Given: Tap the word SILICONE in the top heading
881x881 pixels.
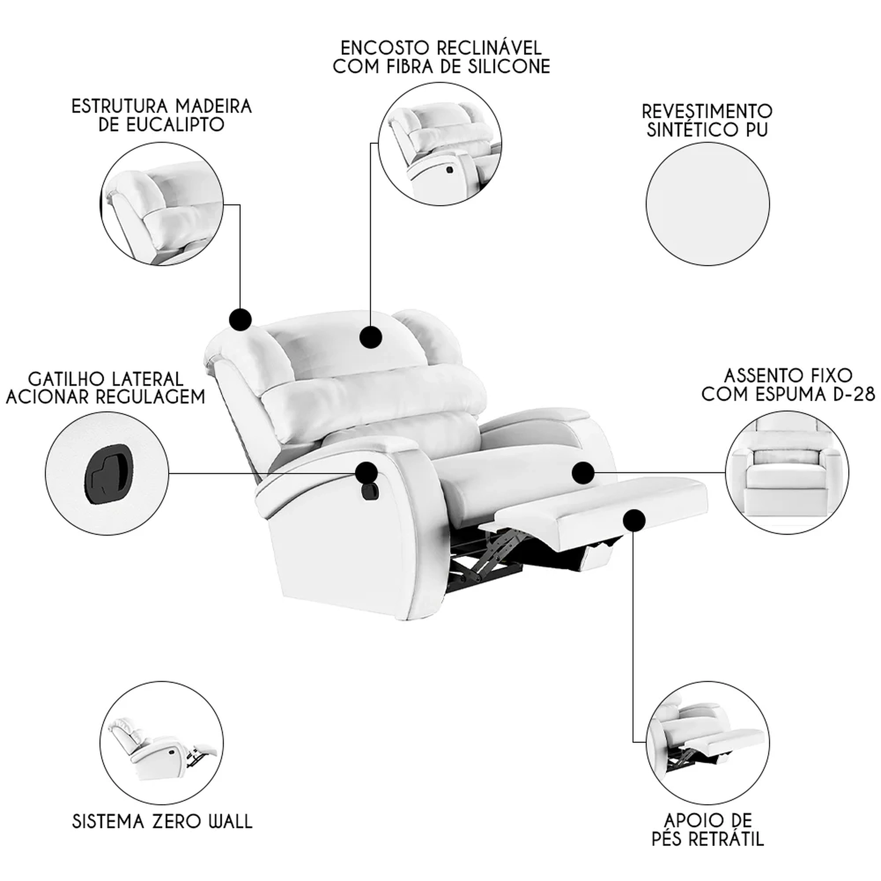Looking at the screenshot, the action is (509, 66).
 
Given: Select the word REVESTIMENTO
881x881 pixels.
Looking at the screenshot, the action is (707, 111).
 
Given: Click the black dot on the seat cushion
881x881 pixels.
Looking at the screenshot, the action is (583, 472).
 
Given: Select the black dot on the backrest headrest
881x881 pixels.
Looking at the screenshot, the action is (371, 337).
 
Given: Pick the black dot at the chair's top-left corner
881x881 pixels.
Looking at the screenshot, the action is (240, 320).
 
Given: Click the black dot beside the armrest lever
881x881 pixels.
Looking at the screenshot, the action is (366, 472).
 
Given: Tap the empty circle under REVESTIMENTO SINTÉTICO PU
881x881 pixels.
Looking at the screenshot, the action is (707, 204).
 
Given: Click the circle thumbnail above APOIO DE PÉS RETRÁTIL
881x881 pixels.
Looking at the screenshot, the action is (707, 742).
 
